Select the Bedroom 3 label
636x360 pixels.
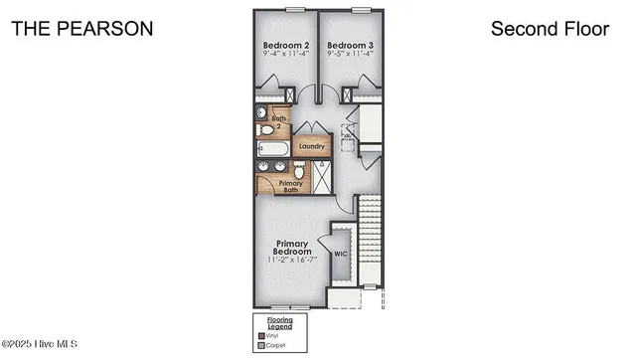[x=350, y=46]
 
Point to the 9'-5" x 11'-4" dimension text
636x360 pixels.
[x=350, y=56]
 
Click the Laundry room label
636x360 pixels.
[x=311, y=146]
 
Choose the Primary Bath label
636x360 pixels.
[x=290, y=186]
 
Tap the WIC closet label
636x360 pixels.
[x=341, y=254]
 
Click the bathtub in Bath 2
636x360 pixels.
[x=272, y=150]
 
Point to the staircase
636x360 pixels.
[x=370, y=239]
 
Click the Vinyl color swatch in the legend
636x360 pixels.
[x=260, y=336]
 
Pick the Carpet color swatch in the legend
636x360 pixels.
[x=260, y=345]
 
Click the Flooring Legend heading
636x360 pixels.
[x=279, y=323]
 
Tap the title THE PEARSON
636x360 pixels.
[x=81, y=29]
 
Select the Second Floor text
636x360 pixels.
[x=550, y=29]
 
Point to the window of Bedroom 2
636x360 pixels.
[x=293, y=10]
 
